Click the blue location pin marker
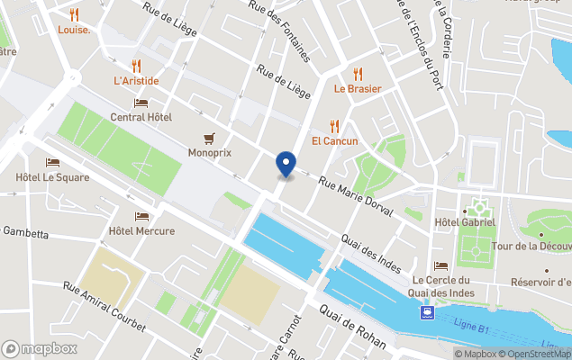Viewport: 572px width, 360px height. [286, 165]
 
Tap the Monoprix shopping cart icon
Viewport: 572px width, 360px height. [210, 139]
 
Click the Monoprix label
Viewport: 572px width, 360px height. [210, 153]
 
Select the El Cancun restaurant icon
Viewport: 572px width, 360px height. [335, 126]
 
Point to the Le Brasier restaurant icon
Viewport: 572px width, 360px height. [358, 74]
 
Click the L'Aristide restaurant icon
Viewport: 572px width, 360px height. [136, 66]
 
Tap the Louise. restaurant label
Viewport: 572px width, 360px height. [74, 30]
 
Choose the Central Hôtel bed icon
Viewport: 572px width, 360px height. [141, 103]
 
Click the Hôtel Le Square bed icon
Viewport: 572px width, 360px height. [52, 163]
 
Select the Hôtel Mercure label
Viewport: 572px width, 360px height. [141, 231]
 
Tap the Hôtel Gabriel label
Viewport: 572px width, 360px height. [465, 222]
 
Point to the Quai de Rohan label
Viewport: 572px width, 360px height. [352, 327]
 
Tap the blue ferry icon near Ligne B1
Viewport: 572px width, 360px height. [426, 313]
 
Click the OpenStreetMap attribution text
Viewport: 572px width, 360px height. [537, 354]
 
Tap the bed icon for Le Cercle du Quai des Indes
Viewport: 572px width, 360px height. [441, 265]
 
